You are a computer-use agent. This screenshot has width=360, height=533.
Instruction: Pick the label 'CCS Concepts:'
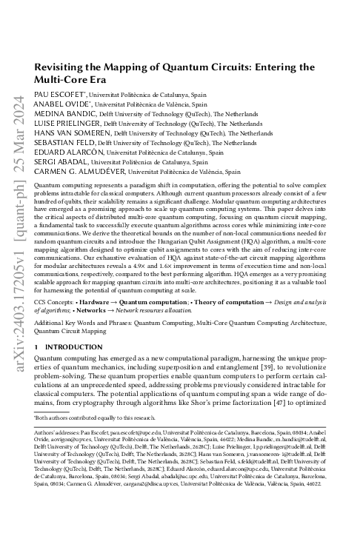[56, 301]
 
